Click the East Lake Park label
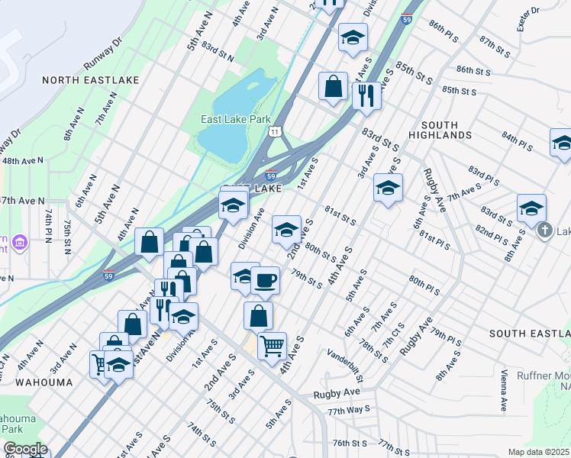236,120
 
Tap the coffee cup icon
265,279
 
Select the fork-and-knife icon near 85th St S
366,95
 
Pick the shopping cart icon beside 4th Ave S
272,345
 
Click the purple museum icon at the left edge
19,244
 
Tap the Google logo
24,449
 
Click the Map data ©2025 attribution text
539,452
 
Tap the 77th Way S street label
348,410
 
